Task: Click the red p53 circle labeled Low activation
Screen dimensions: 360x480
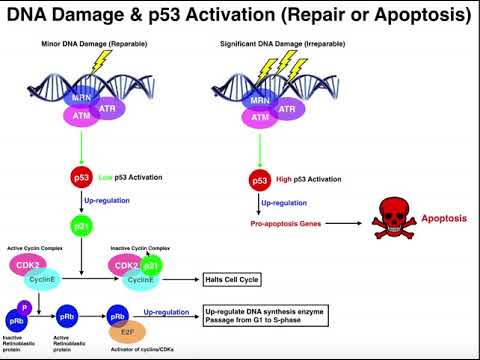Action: pyautogui.click(x=82, y=178)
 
